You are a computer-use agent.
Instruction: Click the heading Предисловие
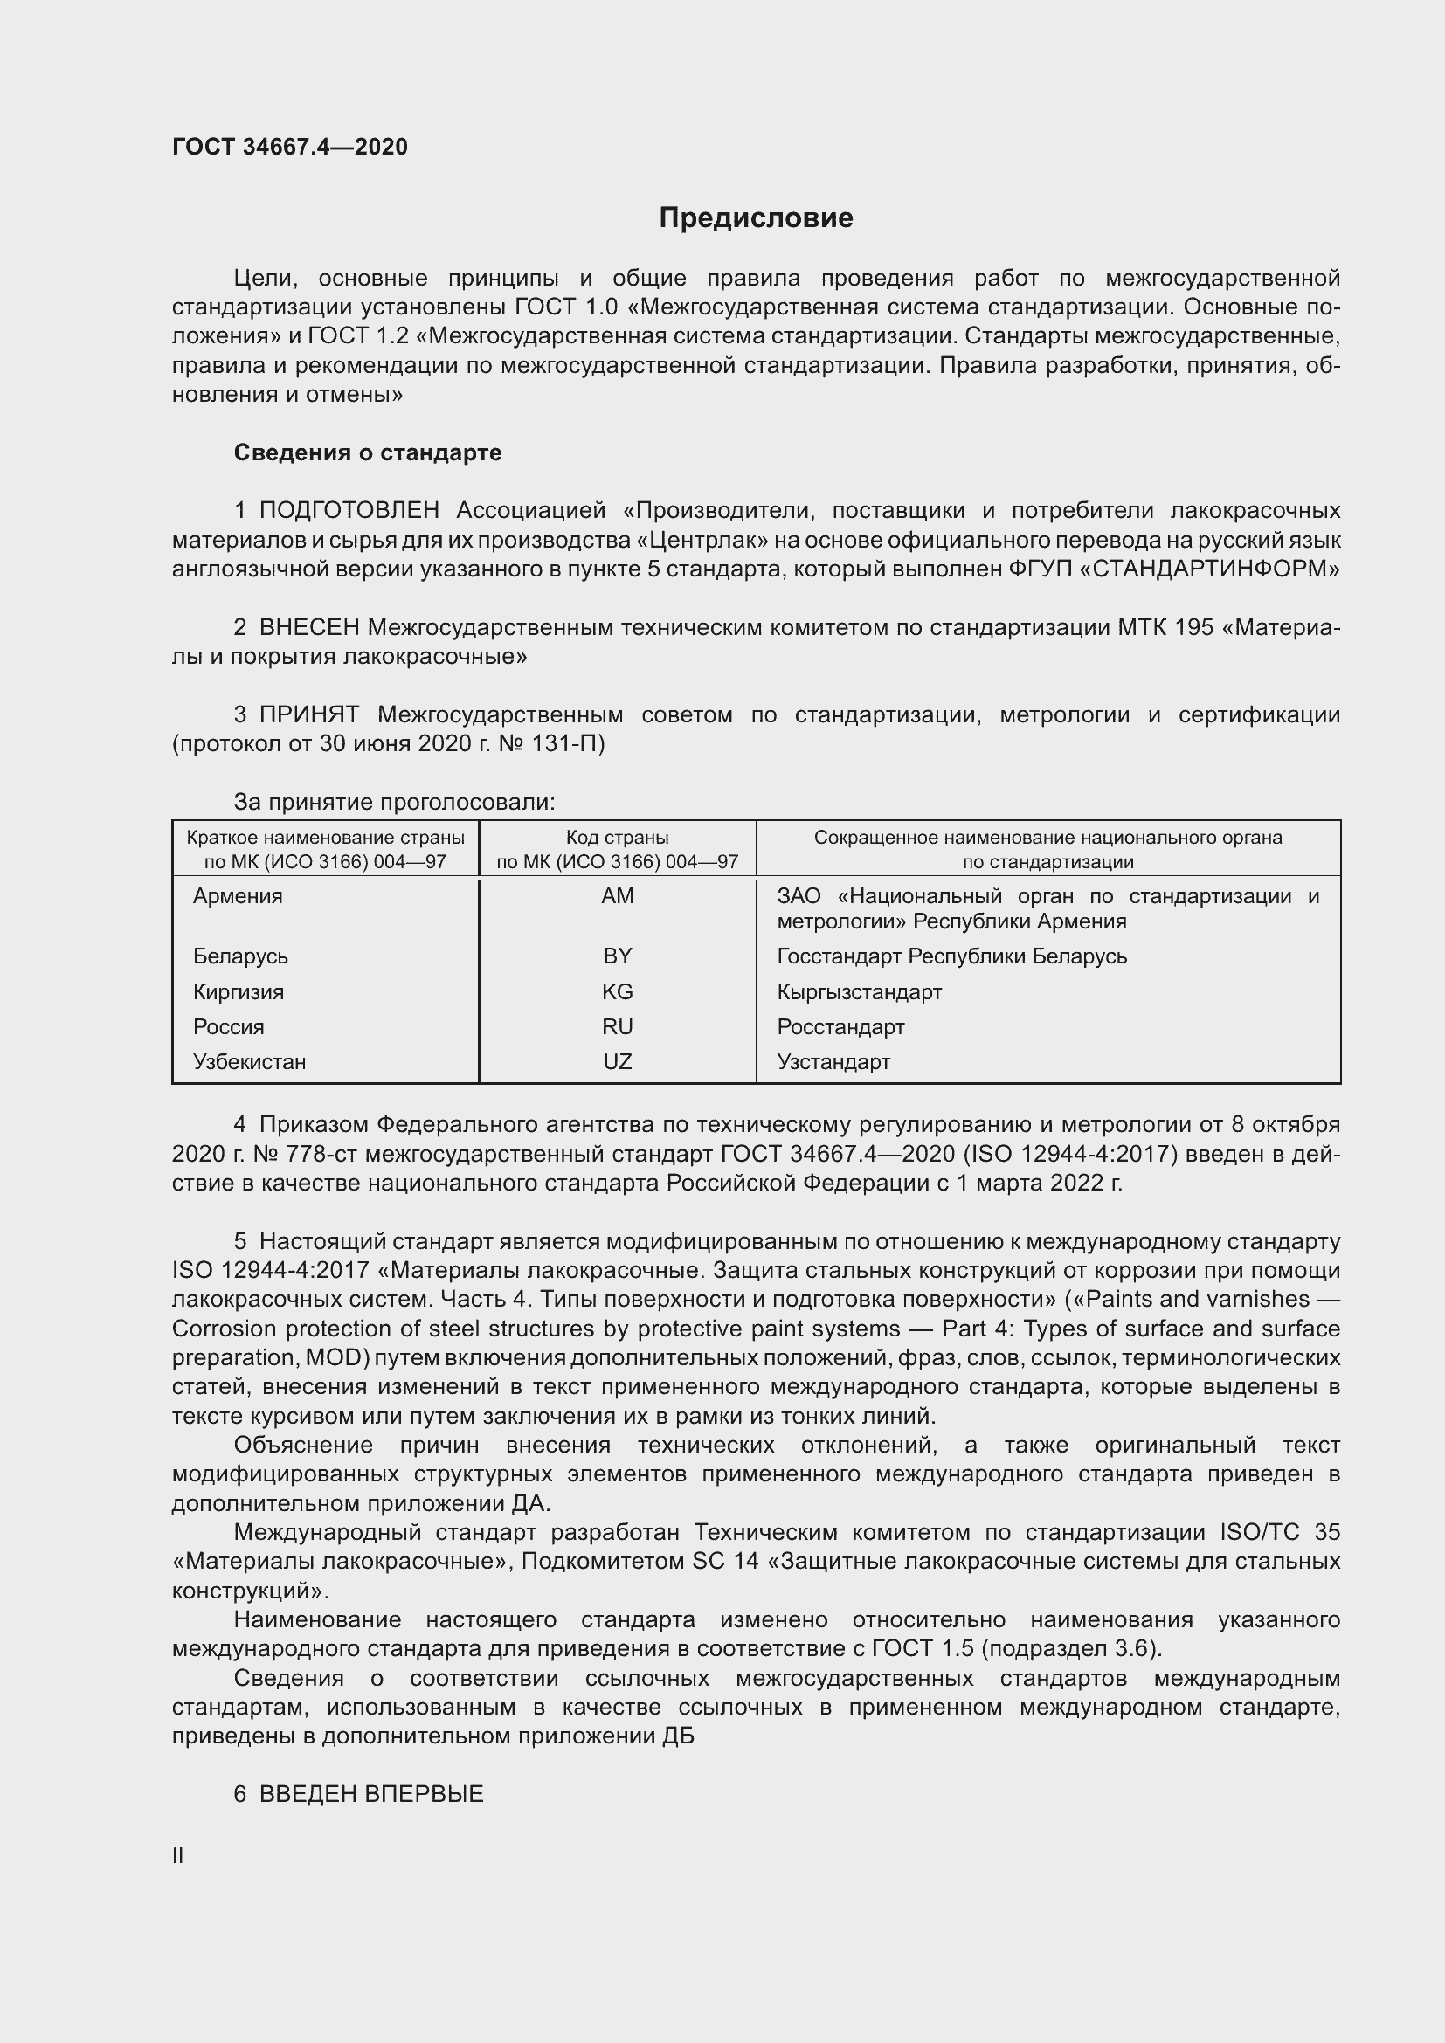(x=756, y=218)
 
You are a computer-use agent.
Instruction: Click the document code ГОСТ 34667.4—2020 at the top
(x=290, y=147)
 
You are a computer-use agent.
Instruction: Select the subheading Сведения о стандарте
(x=368, y=453)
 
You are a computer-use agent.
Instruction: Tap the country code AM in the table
(x=617, y=896)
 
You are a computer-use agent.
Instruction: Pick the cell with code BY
(x=617, y=956)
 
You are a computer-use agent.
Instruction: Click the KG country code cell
(x=617, y=991)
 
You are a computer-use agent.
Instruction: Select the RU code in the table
(x=617, y=1027)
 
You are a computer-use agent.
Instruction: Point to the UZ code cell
(x=617, y=1061)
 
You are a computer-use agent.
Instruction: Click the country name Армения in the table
(x=238, y=896)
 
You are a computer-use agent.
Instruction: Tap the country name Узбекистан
(x=249, y=1061)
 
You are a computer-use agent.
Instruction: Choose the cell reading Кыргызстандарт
(x=859, y=991)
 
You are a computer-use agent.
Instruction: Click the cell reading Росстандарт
(x=840, y=1027)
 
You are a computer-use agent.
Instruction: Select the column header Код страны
(x=617, y=838)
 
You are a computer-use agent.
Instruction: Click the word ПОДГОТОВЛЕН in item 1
(x=349, y=511)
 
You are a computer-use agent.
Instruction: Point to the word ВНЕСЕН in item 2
(x=308, y=627)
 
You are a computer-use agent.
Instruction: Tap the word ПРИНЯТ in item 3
(x=308, y=714)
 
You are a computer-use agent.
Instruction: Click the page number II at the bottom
(x=178, y=1856)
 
